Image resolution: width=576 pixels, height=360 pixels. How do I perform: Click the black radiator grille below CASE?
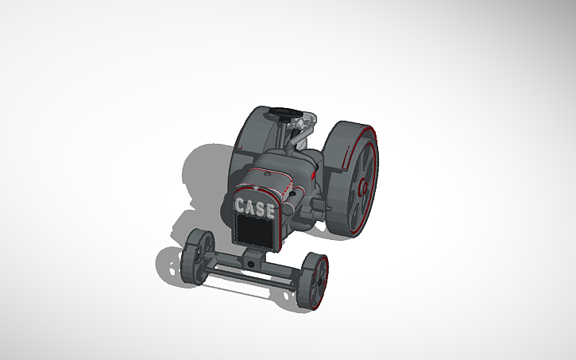[x=254, y=232]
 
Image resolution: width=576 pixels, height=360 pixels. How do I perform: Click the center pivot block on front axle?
[x=253, y=260]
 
